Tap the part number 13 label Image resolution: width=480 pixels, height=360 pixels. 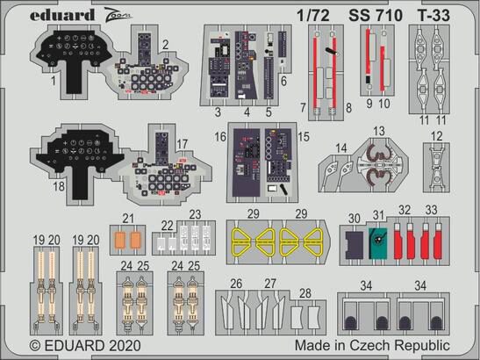point(379,131)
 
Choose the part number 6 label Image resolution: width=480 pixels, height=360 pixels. point(283,80)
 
